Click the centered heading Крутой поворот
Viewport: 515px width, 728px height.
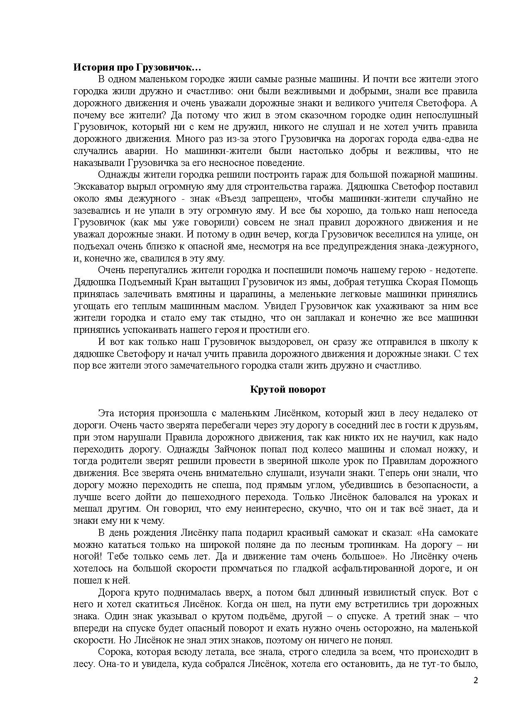click(x=288, y=389)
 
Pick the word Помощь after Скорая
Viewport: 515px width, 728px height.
click(x=459, y=282)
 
